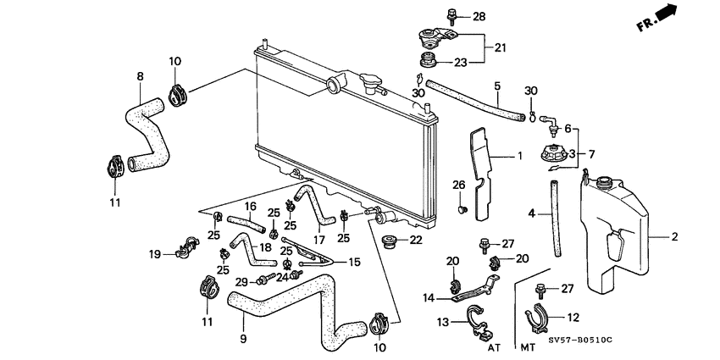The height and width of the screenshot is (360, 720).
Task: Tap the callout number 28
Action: [479, 16]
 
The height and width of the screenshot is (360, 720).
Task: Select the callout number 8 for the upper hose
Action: [140, 75]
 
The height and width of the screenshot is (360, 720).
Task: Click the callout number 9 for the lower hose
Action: [243, 339]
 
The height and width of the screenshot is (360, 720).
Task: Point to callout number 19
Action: [156, 253]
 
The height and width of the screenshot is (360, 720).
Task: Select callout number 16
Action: [250, 206]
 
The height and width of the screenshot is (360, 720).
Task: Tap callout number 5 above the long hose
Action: [497, 86]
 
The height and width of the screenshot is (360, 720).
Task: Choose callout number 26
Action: [458, 185]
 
